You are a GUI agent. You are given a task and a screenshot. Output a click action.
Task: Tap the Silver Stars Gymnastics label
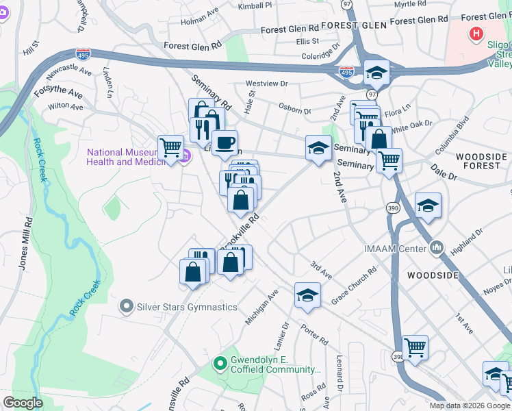tap(187, 307)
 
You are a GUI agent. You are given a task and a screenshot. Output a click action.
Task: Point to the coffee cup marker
tap(225, 143)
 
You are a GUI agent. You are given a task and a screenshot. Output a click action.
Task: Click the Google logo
tap(23, 403)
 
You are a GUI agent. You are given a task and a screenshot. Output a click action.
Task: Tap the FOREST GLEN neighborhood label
tap(330, 25)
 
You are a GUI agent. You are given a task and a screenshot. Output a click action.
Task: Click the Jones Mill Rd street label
tap(25, 244)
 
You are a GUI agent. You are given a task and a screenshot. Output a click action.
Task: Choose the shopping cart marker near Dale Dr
tap(389, 160)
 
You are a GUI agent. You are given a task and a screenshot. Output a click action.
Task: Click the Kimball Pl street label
tap(255, 5)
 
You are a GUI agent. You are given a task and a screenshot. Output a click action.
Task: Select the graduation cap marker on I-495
tap(376, 72)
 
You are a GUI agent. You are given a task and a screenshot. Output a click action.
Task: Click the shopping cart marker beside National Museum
tap(170, 147)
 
